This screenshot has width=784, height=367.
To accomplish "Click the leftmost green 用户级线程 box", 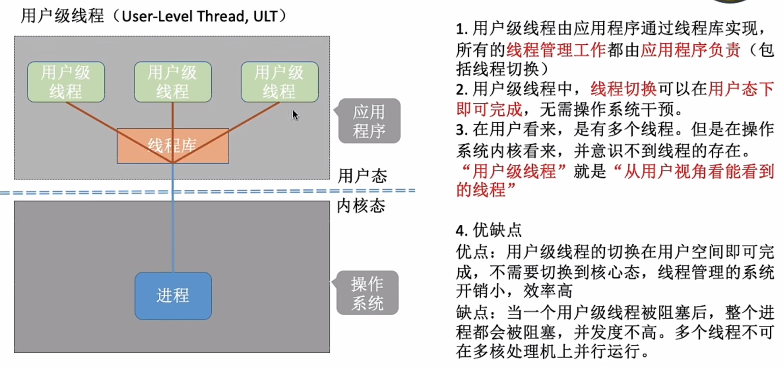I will tap(66, 82).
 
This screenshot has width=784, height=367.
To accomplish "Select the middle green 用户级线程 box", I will tap(173, 82).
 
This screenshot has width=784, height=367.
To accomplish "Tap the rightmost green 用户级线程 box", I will tap(279, 82).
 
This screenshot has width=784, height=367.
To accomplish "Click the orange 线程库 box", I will tap(173, 146).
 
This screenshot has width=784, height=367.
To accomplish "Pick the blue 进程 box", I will tap(173, 296).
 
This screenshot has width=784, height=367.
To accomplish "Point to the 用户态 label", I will tap(362, 176).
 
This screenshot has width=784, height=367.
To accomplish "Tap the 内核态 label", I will tap(361, 207).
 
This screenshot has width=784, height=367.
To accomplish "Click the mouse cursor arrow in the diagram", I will tap(295, 115).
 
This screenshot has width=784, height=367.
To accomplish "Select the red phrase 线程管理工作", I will tap(556, 49).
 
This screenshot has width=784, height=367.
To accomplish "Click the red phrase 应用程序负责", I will tap(690, 49).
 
